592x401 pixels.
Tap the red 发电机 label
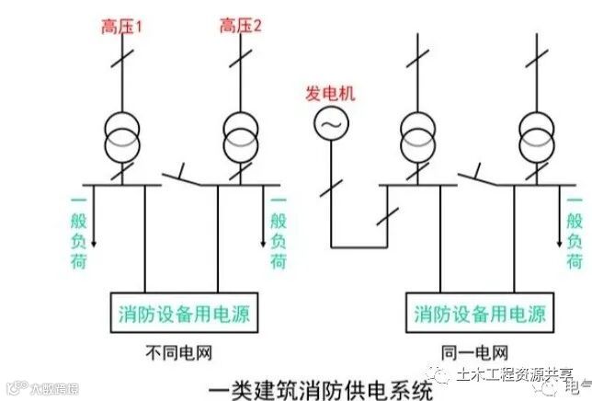click(330, 93)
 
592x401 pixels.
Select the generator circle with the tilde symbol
click(330, 122)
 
